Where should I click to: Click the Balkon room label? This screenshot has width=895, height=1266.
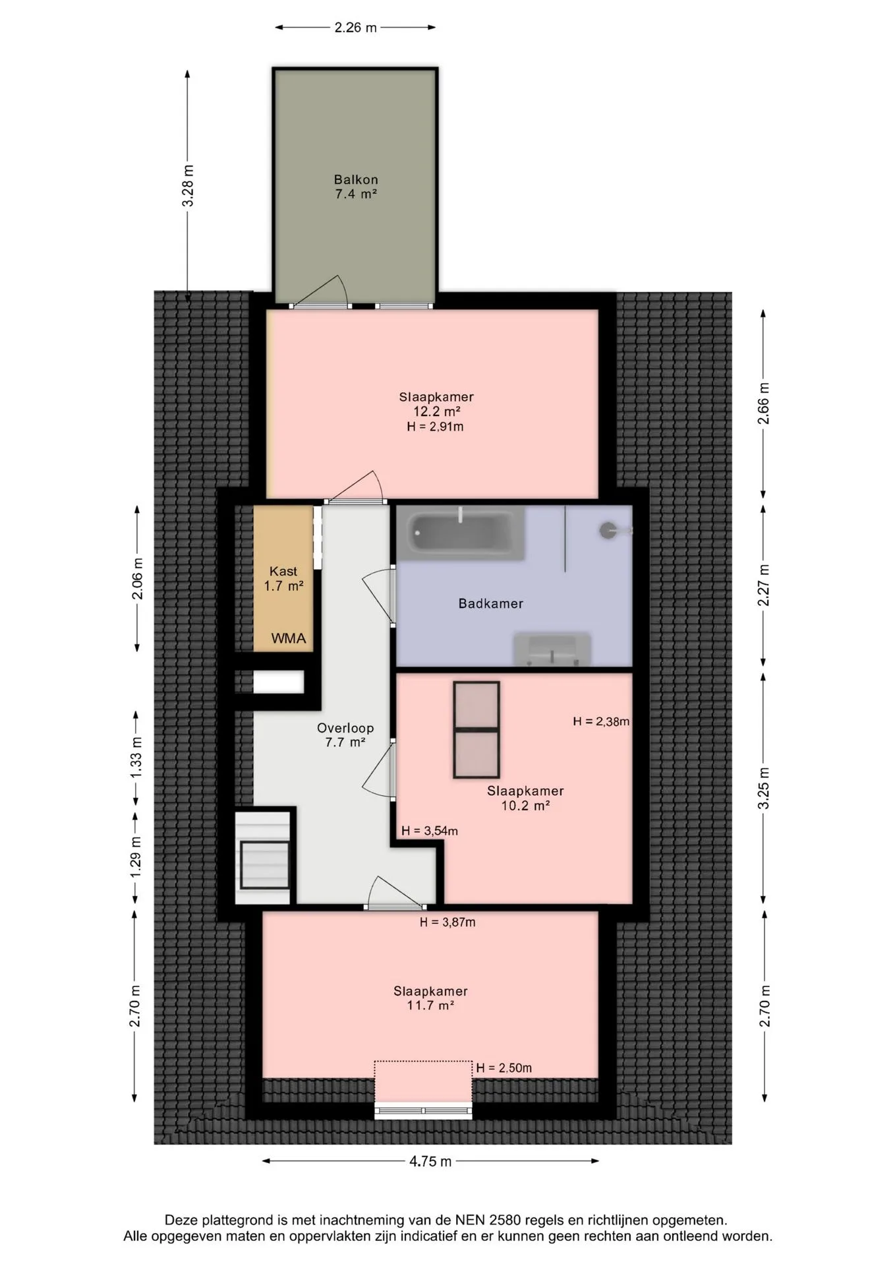(x=355, y=187)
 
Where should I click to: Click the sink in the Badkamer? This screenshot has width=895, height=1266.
(x=552, y=649)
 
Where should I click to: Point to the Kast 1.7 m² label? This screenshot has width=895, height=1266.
(x=283, y=578)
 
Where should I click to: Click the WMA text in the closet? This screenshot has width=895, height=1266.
(x=289, y=638)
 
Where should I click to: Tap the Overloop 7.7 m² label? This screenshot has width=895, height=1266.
(x=345, y=735)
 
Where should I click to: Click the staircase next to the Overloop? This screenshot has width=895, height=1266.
(x=264, y=857)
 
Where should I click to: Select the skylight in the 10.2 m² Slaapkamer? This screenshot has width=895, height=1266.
(x=476, y=730)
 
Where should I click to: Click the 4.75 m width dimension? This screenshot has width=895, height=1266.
(x=430, y=1161)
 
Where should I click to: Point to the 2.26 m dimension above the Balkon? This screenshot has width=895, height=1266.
(x=355, y=28)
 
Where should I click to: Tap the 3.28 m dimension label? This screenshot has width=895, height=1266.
(x=188, y=185)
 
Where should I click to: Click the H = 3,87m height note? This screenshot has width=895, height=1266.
(x=447, y=922)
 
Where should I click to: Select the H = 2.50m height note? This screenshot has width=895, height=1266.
(x=504, y=1068)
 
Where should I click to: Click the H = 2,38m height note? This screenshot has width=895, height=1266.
(x=601, y=721)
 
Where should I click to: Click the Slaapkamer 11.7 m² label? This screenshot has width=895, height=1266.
(x=431, y=998)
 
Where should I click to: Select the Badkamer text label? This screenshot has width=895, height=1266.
(x=491, y=603)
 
